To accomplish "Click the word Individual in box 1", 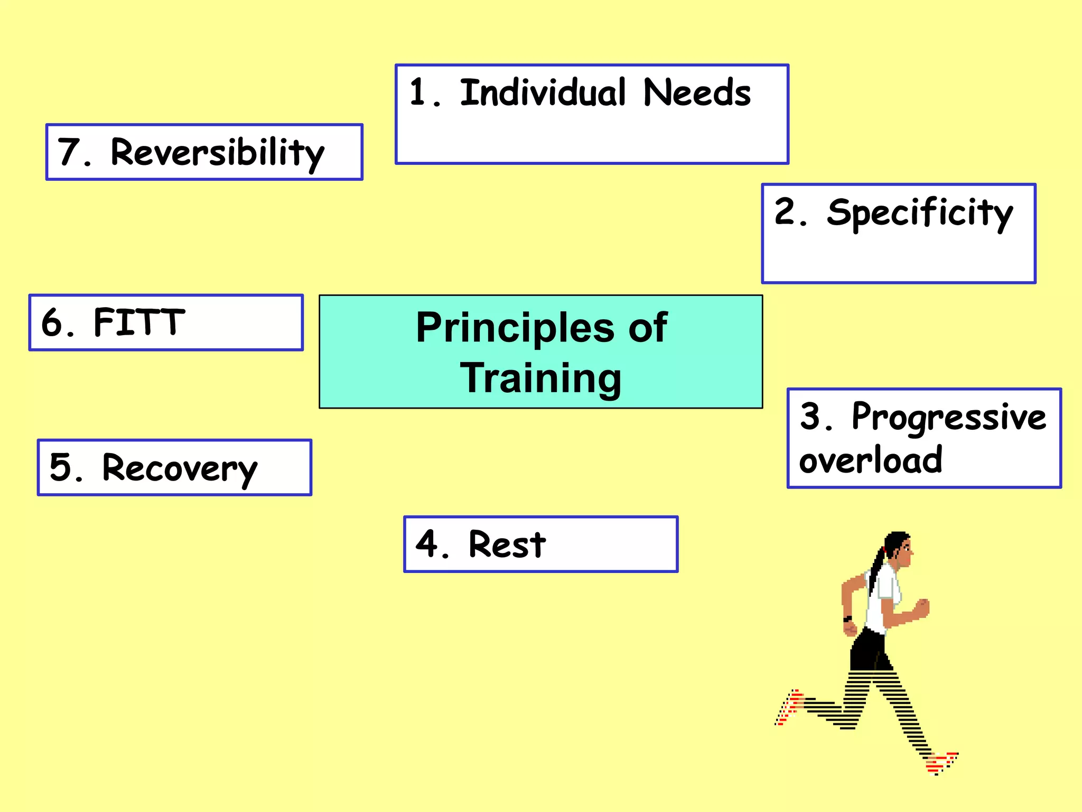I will (x=543, y=93).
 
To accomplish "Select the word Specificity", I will (x=919, y=213).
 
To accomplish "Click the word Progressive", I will (x=949, y=417).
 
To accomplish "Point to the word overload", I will (x=870, y=459).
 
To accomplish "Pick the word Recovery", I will (x=180, y=468).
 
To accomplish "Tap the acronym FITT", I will (x=139, y=322).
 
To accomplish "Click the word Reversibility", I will (x=217, y=153).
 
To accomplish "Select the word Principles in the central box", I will (x=515, y=327).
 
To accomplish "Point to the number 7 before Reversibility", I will (x=68, y=152).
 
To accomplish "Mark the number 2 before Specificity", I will (x=785, y=211).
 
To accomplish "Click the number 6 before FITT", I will (x=51, y=322).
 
